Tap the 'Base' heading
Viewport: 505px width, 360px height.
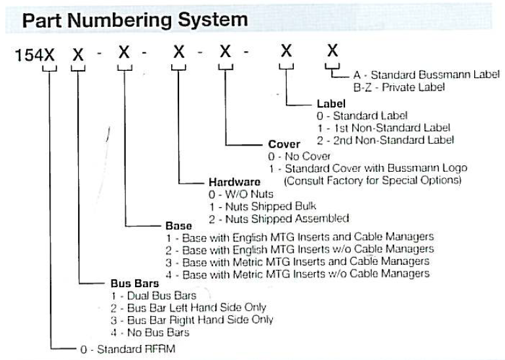[x=178, y=226]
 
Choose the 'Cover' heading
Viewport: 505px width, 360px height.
[x=284, y=144]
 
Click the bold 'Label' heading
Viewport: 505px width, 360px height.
[x=331, y=104]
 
